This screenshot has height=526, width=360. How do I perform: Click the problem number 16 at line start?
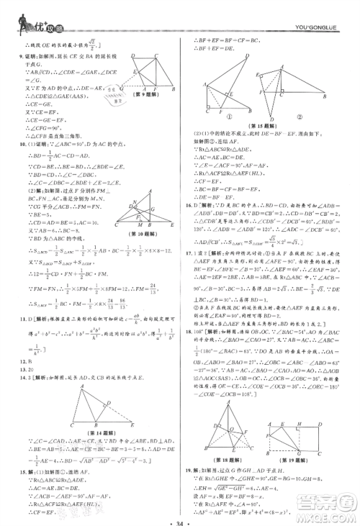pos(189,204)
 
